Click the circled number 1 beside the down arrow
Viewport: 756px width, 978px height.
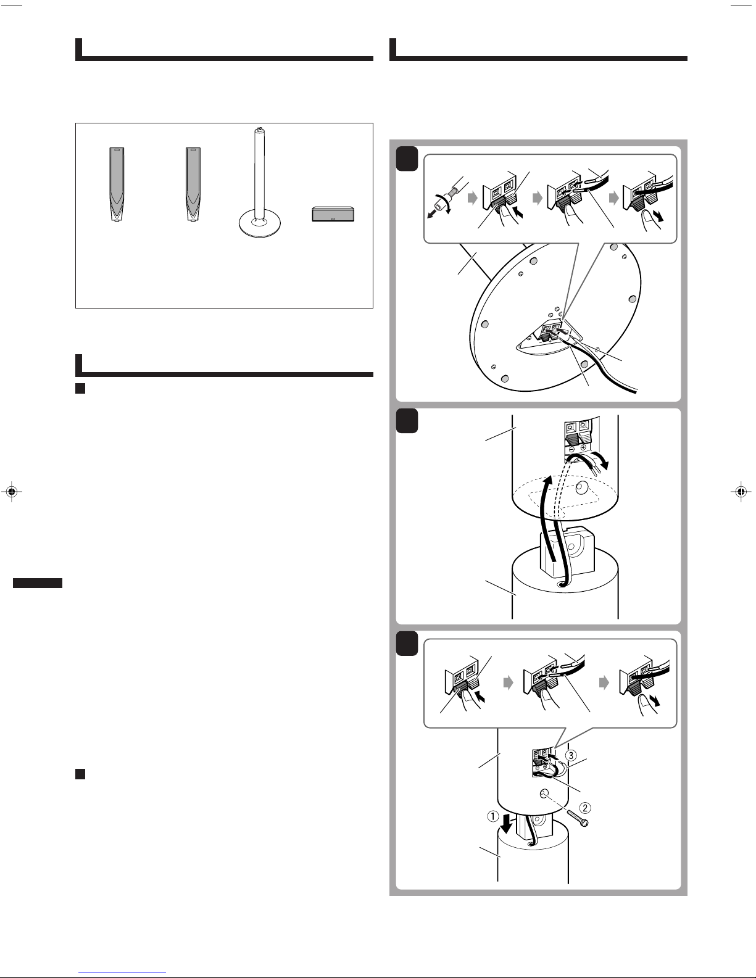493,816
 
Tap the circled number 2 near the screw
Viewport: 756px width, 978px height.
585,808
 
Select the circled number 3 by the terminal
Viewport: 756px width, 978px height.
571,755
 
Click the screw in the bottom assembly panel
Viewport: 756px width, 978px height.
578,819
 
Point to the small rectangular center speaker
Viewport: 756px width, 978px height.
333,213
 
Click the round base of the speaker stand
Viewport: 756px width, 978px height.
259,224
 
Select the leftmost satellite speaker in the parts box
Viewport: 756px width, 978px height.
117,184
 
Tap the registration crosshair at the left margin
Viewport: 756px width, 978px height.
12,491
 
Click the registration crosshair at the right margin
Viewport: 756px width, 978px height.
741,491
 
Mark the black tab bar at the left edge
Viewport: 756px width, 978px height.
38,583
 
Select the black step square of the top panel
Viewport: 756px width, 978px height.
407,159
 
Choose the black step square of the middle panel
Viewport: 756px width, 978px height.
407,421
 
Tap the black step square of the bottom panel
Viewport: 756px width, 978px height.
407,644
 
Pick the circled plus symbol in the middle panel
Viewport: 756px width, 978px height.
583,447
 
